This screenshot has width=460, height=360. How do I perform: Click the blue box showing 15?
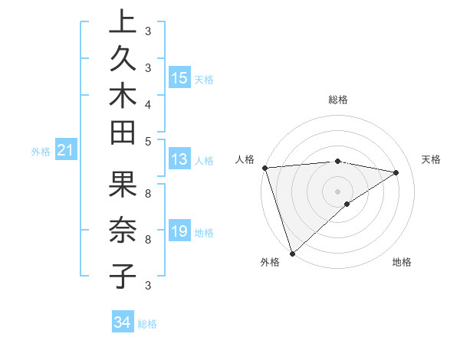click(179, 78)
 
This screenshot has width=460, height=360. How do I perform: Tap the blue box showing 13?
click(179, 159)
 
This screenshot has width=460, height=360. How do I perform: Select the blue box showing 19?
click(179, 232)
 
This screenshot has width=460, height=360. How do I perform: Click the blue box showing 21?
click(66, 151)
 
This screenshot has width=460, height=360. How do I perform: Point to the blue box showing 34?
click(122, 322)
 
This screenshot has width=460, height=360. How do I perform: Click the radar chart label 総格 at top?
click(337, 100)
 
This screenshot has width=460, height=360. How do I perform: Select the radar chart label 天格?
click(431, 159)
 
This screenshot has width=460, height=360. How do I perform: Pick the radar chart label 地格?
click(402, 262)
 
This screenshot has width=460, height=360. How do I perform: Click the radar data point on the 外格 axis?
click(292, 253)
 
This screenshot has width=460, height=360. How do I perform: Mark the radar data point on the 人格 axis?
click(264, 168)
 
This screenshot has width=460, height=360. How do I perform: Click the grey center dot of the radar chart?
click(337, 191)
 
